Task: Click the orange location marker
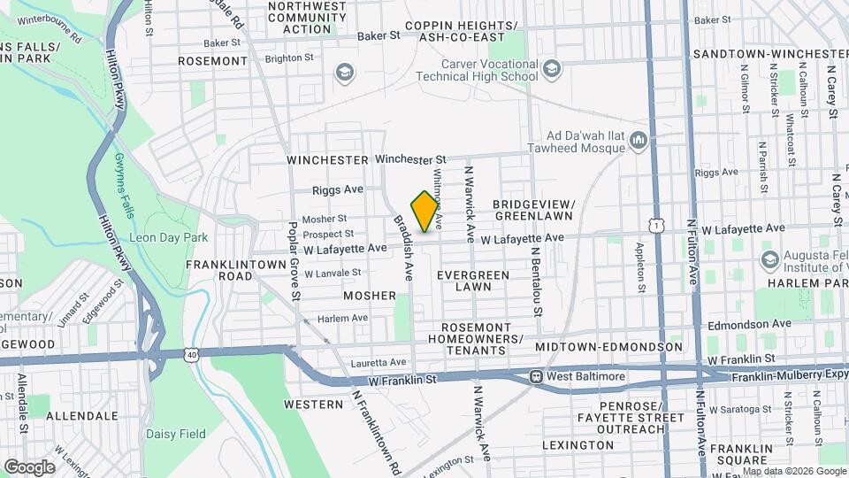424,211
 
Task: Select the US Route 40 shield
192,354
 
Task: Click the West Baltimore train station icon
536,377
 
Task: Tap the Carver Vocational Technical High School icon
552,69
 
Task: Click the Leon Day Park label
168,237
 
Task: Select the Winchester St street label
408,159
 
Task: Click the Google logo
29,466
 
